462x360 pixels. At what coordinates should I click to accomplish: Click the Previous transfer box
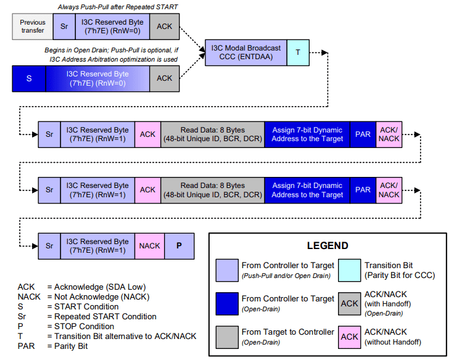(33, 27)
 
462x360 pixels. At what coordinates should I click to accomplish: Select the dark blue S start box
(29, 78)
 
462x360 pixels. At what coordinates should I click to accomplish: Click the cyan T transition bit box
(298, 53)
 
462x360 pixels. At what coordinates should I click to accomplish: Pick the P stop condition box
(179, 246)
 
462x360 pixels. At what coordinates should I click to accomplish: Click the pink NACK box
(149, 246)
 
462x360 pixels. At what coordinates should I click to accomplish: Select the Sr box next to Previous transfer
(64, 27)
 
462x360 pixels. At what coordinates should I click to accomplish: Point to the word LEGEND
(328, 245)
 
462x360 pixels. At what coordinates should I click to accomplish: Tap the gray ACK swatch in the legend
(350, 303)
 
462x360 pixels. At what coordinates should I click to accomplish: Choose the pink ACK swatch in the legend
(350, 337)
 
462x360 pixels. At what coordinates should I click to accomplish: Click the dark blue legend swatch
(226, 303)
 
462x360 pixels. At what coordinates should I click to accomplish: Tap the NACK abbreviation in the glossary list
(28, 297)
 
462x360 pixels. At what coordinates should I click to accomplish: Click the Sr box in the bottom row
(49, 246)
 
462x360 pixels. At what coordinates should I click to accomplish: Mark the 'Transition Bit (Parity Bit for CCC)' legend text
(398, 269)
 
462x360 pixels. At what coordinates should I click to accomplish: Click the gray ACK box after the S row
(165, 78)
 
